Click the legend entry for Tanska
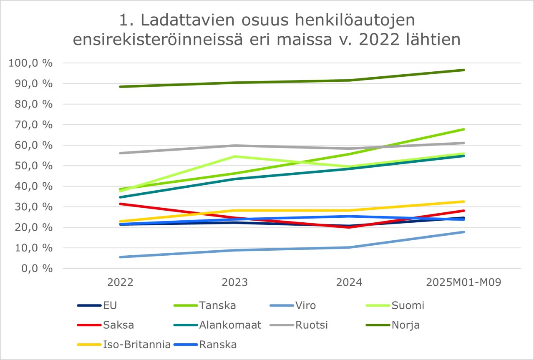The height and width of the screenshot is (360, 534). click(217, 305)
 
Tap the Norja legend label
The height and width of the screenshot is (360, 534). click(406, 325)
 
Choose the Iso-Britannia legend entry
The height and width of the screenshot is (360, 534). click(136, 345)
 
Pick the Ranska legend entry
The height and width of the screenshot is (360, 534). click(218, 345)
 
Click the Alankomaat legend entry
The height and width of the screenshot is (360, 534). click(230, 325)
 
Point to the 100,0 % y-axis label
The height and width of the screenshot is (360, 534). click(30, 63)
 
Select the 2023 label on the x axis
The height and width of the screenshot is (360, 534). click(235, 282)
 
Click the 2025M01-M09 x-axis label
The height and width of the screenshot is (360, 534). click(463, 282)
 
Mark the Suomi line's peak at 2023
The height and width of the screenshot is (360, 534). click(235, 156)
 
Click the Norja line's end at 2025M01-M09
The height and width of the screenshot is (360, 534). click(463, 70)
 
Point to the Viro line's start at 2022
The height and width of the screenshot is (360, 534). click(121, 257)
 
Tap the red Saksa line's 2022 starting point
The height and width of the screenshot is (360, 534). click(121, 204)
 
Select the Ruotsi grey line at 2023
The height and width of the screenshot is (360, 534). click(235, 146)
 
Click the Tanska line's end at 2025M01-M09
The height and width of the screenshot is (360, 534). click(463, 129)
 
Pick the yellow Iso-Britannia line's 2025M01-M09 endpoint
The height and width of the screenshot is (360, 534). click(463, 201)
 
